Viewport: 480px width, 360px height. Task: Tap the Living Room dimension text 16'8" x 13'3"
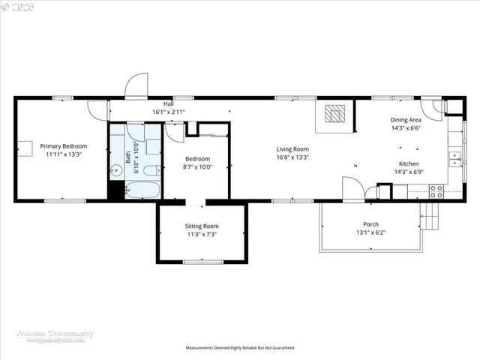[x=292, y=157]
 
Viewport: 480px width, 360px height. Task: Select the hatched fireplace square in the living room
[x=335, y=114]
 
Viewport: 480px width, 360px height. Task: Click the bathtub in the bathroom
[x=142, y=190]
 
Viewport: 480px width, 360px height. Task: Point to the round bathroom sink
[x=116, y=171]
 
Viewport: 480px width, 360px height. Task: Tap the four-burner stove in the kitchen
[x=436, y=190]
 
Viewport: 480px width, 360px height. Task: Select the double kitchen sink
[x=454, y=157]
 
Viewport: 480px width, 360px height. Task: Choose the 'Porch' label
[x=370, y=224]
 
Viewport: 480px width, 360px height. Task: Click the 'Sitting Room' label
[x=202, y=226]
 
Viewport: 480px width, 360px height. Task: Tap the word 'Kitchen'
[x=409, y=163]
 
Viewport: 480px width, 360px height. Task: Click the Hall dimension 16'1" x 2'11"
[x=169, y=112]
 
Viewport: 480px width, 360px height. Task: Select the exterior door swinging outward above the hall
[x=136, y=86]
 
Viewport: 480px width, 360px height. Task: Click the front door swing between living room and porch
[x=352, y=188]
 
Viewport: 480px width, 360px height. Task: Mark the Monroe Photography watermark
[x=55, y=336]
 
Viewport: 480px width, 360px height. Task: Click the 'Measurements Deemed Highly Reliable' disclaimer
[x=240, y=348]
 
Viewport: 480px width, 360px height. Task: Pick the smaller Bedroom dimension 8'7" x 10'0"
[x=197, y=167]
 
